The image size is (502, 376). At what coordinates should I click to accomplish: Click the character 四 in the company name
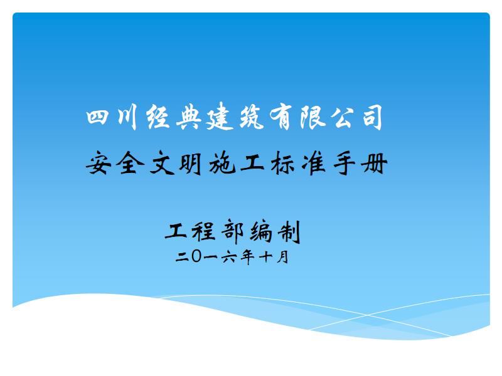[x=97, y=117]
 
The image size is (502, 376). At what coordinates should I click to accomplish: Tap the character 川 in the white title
[x=127, y=117]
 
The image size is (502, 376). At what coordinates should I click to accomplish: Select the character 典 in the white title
[x=189, y=117]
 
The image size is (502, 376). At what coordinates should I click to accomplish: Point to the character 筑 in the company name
[x=252, y=117]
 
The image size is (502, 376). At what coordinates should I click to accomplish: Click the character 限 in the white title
[x=313, y=117]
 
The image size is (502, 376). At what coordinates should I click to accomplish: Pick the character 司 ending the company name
[x=373, y=117]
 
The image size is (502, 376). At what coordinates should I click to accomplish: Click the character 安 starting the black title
[x=99, y=163]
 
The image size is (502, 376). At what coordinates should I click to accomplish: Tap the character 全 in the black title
[x=129, y=163]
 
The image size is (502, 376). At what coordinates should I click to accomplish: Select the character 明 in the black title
[x=191, y=164]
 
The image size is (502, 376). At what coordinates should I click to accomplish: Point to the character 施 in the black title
[x=222, y=163]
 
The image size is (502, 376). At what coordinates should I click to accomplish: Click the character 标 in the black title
[x=282, y=163]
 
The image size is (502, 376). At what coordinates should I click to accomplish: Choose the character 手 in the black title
[x=344, y=163]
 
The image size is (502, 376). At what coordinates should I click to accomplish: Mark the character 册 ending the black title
[x=374, y=164]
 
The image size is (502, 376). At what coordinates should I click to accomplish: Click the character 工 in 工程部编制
[x=176, y=231]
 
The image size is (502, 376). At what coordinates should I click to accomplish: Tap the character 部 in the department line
[x=233, y=231]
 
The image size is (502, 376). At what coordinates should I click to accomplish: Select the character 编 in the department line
[x=261, y=231]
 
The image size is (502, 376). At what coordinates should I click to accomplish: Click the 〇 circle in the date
[x=196, y=256]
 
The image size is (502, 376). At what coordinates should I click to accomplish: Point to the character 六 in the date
[x=228, y=257]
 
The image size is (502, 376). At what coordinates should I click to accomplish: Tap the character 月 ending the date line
[x=282, y=257]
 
